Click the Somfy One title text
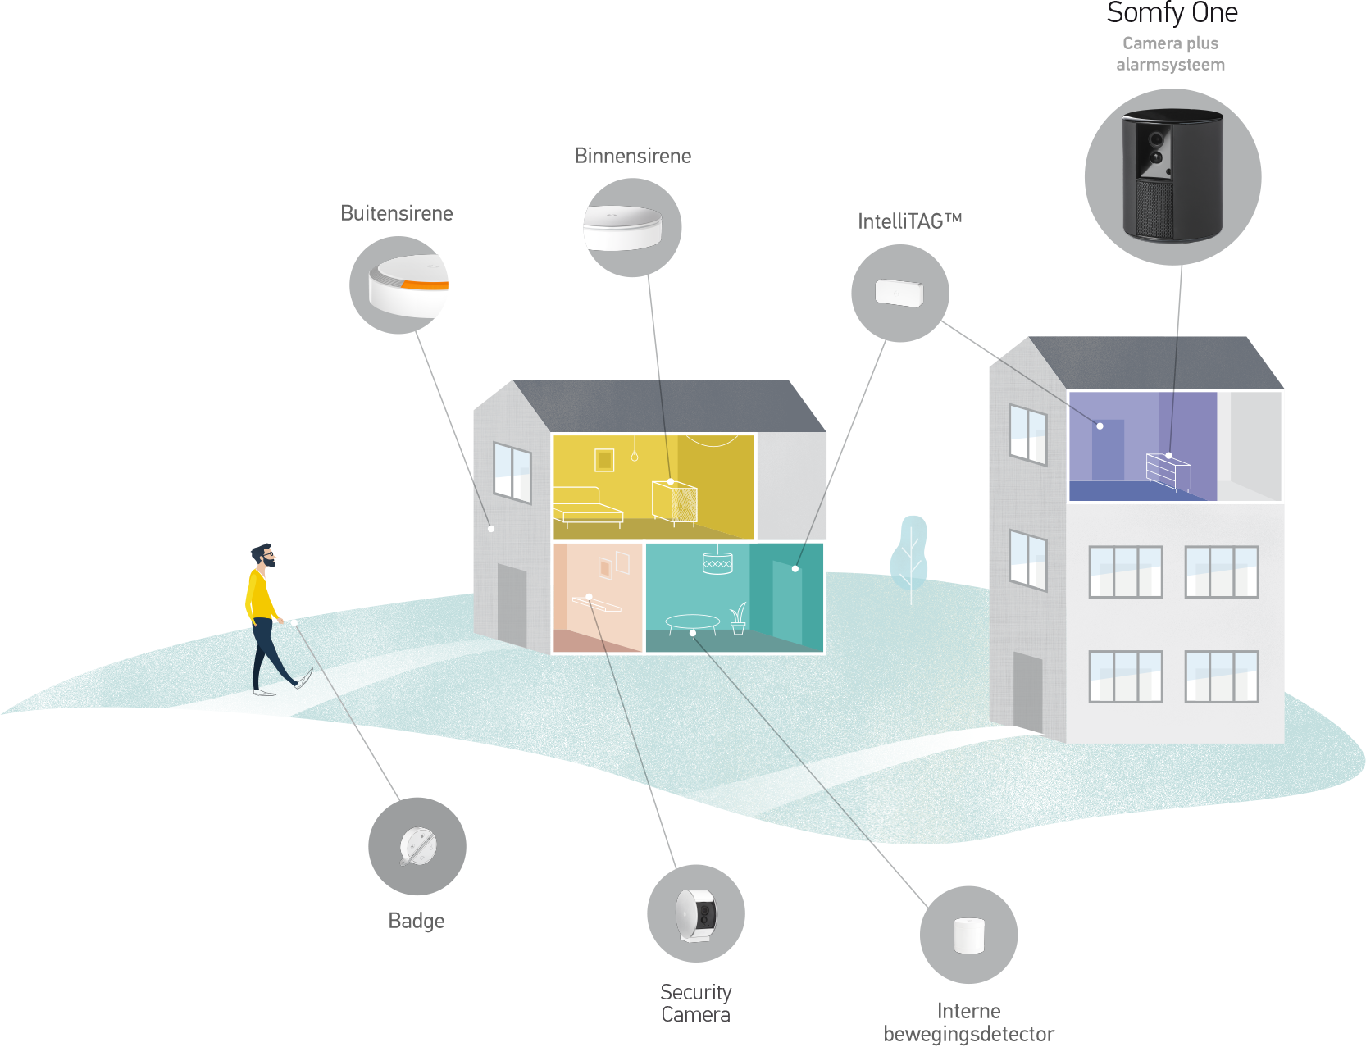1172,14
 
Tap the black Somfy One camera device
1172,175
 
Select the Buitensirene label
397,213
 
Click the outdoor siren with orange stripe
408,285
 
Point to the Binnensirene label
633,156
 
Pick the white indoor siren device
622,227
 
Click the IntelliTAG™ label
909,221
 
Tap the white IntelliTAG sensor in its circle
899,293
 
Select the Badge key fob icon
417,846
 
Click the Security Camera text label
696,1004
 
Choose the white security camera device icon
696,914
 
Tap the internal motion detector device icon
969,935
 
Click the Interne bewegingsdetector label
968,1022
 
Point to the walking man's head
262,556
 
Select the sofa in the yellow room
588,505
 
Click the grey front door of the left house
512,605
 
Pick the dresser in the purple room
1168,471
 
